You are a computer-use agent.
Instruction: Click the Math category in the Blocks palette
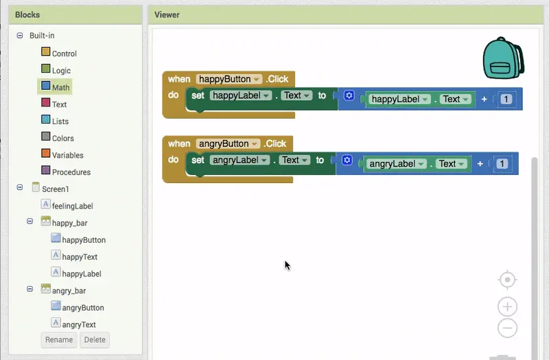pyautogui.click(x=56, y=87)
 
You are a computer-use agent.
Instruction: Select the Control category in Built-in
pyautogui.click(x=59, y=53)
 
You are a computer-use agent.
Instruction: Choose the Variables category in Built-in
pyautogui.click(x=62, y=155)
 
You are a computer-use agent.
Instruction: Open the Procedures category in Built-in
pyautogui.click(x=66, y=171)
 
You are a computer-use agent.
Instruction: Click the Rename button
pyautogui.click(x=59, y=339)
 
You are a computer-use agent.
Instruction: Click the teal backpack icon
pyautogui.click(x=503, y=58)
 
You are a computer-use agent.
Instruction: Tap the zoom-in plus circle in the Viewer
pyautogui.click(x=507, y=307)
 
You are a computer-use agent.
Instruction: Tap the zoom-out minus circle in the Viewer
pyautogui.click(x=507, y=328)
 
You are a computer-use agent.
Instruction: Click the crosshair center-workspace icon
pyautogui.click(x=507, y=280)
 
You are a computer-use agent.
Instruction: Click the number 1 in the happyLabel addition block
pyautogui.click(x=506, y=99)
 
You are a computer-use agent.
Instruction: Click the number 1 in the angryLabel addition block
pyautogui.click(x=502, y=164)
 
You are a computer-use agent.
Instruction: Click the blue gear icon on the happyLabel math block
pyautogui.click(x=349, y=95)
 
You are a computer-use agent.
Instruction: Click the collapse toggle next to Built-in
pyautogui.click(x=20, y=36)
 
